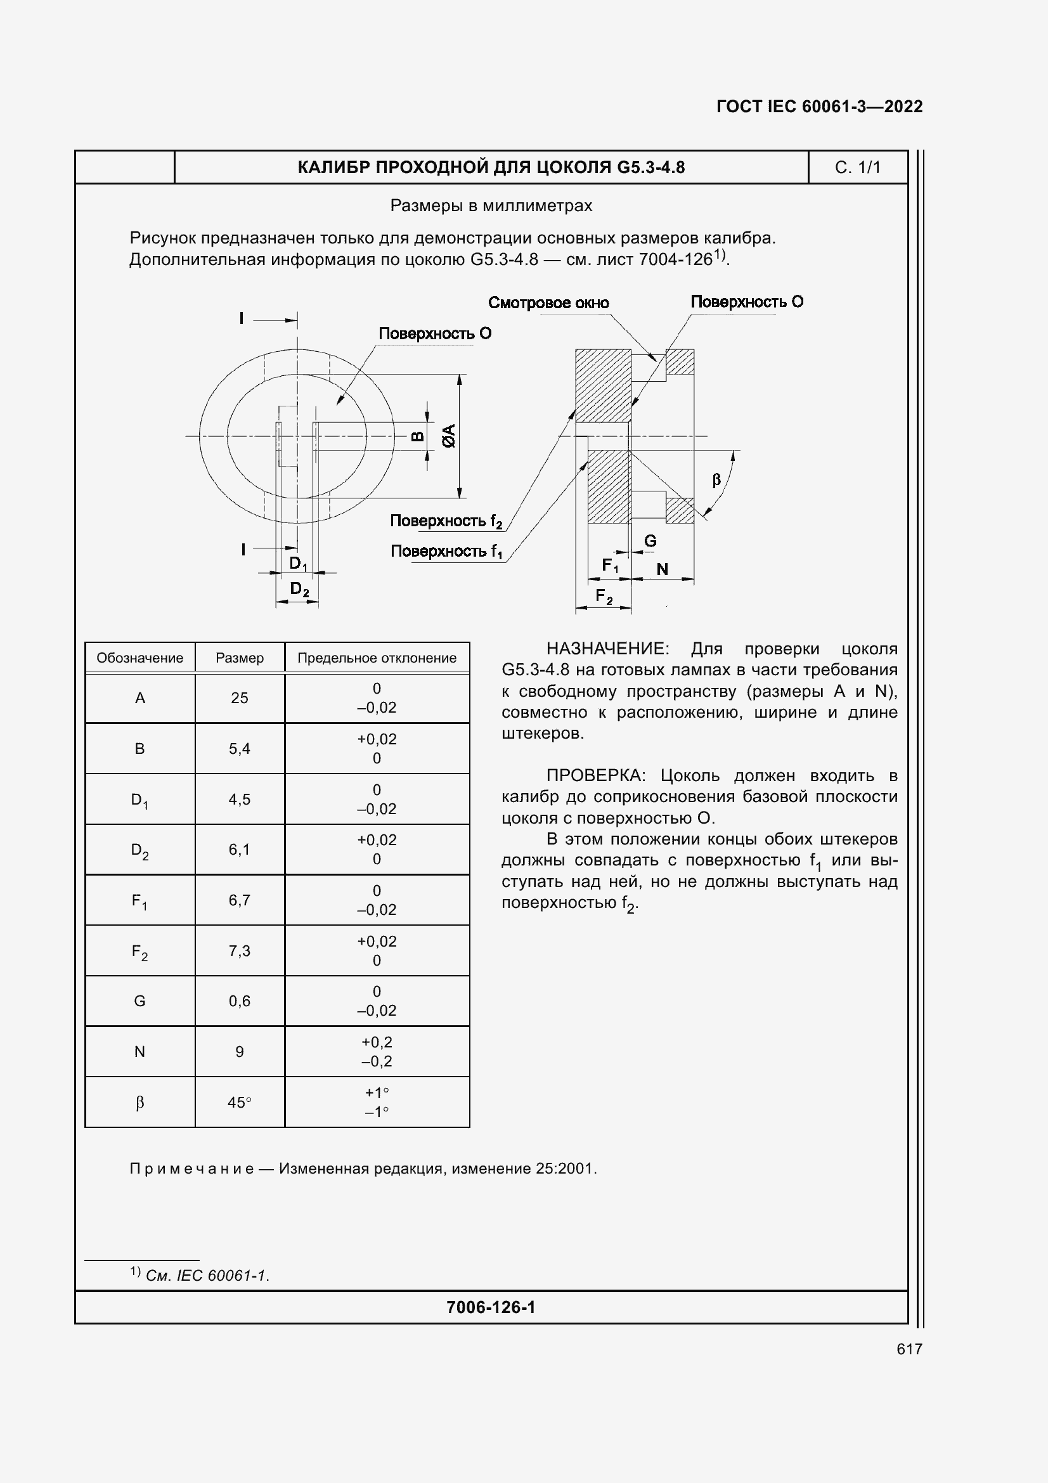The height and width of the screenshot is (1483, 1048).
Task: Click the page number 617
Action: click(909, 1349)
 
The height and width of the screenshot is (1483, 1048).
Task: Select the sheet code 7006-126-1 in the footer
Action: click(491, 1307)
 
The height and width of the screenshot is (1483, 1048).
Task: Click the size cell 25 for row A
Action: click(240, 698)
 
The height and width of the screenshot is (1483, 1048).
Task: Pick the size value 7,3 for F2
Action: click(240, 951)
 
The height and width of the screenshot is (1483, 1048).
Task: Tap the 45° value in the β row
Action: click(240, 1103)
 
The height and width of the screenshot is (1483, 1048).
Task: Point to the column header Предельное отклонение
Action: click(377, 658)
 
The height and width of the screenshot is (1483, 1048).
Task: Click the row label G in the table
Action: click(139, 1001)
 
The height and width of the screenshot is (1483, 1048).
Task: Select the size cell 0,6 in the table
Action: click(240, 1001)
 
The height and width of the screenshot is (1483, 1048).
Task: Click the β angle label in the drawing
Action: click(716, 480)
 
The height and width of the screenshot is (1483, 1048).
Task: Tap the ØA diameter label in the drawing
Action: click(449, 436)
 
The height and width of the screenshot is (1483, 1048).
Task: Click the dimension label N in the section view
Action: click(662, 569)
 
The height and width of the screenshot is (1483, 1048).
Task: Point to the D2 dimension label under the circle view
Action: click(299, 589)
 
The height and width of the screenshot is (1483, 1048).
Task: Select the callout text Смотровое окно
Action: click(548, 303)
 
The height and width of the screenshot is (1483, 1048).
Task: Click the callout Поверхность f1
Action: click(446, 552)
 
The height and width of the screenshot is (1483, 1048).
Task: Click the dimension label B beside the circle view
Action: click(418, 437)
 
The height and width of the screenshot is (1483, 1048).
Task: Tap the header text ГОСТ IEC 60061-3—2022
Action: click(818, 107)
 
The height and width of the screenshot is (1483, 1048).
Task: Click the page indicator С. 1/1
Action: click(858, 167)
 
